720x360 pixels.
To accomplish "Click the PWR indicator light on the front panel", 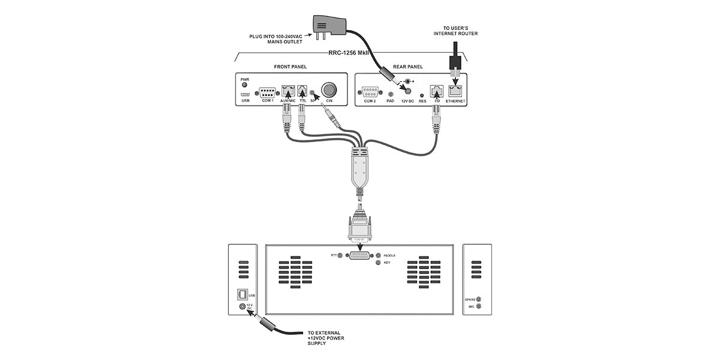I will [245, 85].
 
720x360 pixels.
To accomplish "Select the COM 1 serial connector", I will [268, 92].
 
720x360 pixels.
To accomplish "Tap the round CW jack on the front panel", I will [329, 90].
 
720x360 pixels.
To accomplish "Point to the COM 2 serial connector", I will [370, 92].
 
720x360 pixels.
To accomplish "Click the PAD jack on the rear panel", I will [391, 94].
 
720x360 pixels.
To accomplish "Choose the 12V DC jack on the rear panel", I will [409, 92].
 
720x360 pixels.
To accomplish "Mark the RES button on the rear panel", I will [422, 95].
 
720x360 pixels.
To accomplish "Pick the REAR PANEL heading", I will [408, 66].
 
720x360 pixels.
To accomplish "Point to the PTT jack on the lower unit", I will [341, 256].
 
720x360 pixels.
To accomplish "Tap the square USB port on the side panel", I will [242, 295].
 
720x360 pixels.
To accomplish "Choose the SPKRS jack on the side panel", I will [478, 298].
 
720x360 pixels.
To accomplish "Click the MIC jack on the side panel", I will [478, 307].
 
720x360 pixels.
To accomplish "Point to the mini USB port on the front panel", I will [245, 95].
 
